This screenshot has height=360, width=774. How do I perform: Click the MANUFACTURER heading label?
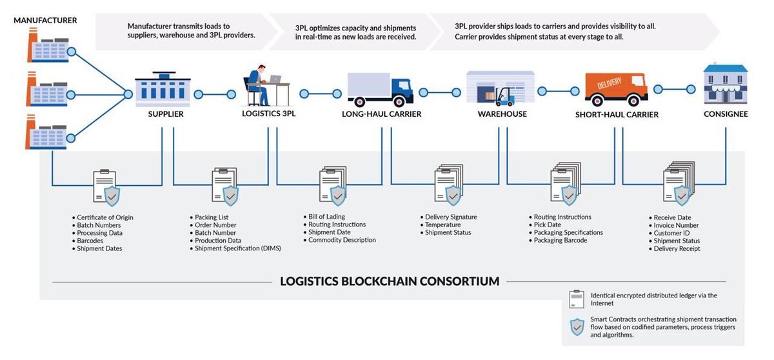tap(45, 21)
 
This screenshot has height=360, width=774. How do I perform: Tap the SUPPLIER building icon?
tap(163, 89)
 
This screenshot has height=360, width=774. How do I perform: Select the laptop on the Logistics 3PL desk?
tap(275, 79)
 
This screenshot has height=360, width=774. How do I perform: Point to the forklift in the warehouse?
tap(505, 97)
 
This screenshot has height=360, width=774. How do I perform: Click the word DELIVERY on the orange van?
tap(609, 84)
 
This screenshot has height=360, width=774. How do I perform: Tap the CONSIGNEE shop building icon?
tap(725, 84)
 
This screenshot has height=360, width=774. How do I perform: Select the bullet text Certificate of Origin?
tap(104, 217)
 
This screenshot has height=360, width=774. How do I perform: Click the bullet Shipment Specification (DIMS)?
tap(238, 248)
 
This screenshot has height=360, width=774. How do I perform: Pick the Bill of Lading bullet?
tap(326, 217)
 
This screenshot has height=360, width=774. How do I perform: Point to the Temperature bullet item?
tap(442, 225)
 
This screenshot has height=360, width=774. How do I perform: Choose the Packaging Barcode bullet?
tap(560, 240)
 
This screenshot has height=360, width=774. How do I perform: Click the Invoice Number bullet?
tap(676, 225)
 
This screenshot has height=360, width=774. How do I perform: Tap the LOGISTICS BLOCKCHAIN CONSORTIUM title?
tap(390, 281)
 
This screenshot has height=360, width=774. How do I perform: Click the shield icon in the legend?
tap(577, 327)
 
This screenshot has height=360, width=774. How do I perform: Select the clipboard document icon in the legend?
tap(577, 299)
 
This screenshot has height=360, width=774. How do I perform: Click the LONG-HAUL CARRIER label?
tap(381, 114)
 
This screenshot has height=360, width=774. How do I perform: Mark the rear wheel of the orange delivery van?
tap(597, 101)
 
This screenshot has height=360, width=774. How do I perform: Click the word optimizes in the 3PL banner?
tap(328, 28)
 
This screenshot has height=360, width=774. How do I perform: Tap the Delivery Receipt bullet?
tap(677, 249)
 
